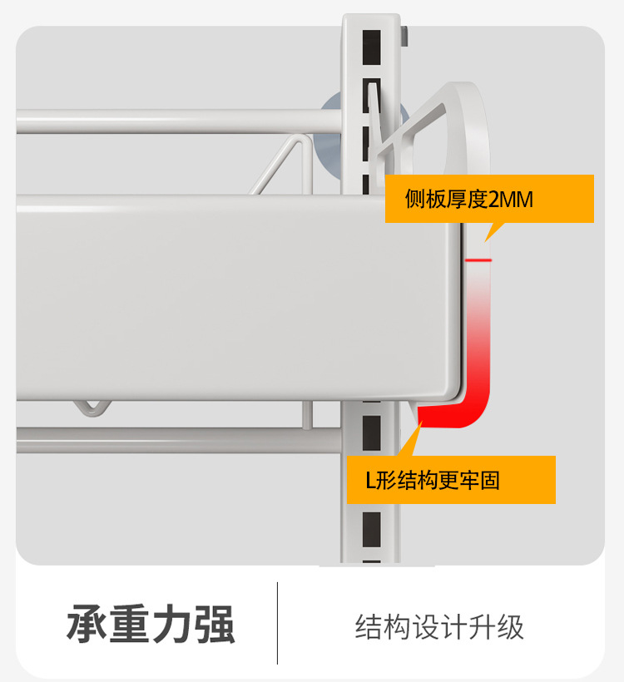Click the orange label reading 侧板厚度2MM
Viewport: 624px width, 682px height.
(x=489, y=199)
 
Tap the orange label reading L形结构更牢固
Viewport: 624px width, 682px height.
(x=451, y=480)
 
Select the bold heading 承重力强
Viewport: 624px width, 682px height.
(x=151, y=625)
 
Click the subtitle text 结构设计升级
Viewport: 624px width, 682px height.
(x=439, y=626)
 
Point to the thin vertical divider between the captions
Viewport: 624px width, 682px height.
(x=277, y=623)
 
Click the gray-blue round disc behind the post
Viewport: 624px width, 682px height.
(x=333, y=125)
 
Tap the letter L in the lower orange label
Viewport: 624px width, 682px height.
(x=372, y=481)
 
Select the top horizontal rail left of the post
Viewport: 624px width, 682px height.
(x=166, y=122)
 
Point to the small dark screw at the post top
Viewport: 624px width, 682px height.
(x=404, y=36)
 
